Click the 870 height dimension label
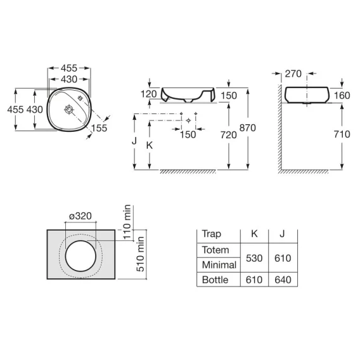pos(247,128)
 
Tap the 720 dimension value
pos(228,135)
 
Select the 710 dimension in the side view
pos(342,134)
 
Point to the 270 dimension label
pos(293,74)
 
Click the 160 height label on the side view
pos(342,96)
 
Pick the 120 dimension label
pos(148,94)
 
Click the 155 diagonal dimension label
pos(99,128)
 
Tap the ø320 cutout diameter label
pos(80,216)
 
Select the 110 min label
pos(127,222)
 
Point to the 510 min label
pos(140,254)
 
